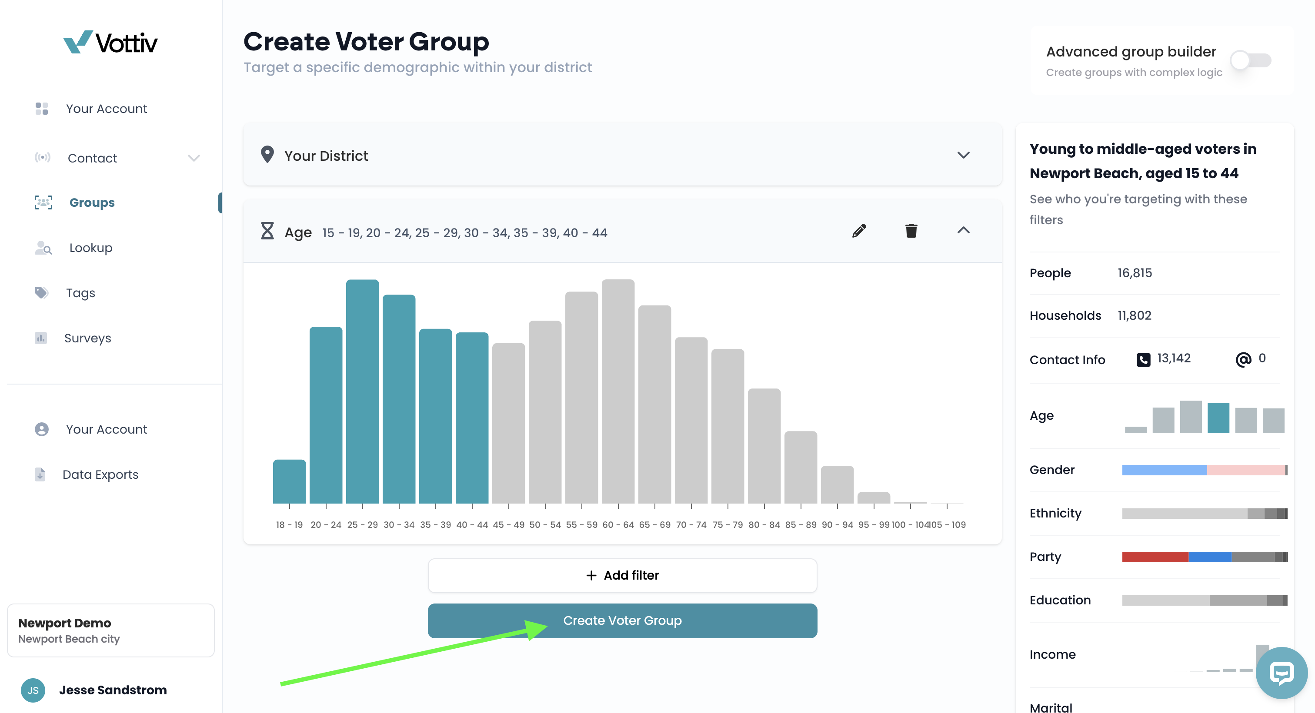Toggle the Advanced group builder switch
click(1251, 61)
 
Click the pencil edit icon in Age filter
click(859, 231)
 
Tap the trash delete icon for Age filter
click(911, 231)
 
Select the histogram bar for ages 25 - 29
click(362, 391)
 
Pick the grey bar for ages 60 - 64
click(618, 391)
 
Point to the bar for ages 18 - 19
click(290, 481)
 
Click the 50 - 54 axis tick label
click(545, 524)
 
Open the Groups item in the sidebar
click(92, 202)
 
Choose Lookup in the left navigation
click(91, 248)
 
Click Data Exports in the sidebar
click(100, 474)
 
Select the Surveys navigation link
click(87, 338)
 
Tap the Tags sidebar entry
click(80, 293)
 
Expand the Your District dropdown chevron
click(963, 155)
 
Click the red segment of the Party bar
click(1155, 557)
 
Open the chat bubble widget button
click(1282, 673)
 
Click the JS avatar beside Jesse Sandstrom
click(33, 690)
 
